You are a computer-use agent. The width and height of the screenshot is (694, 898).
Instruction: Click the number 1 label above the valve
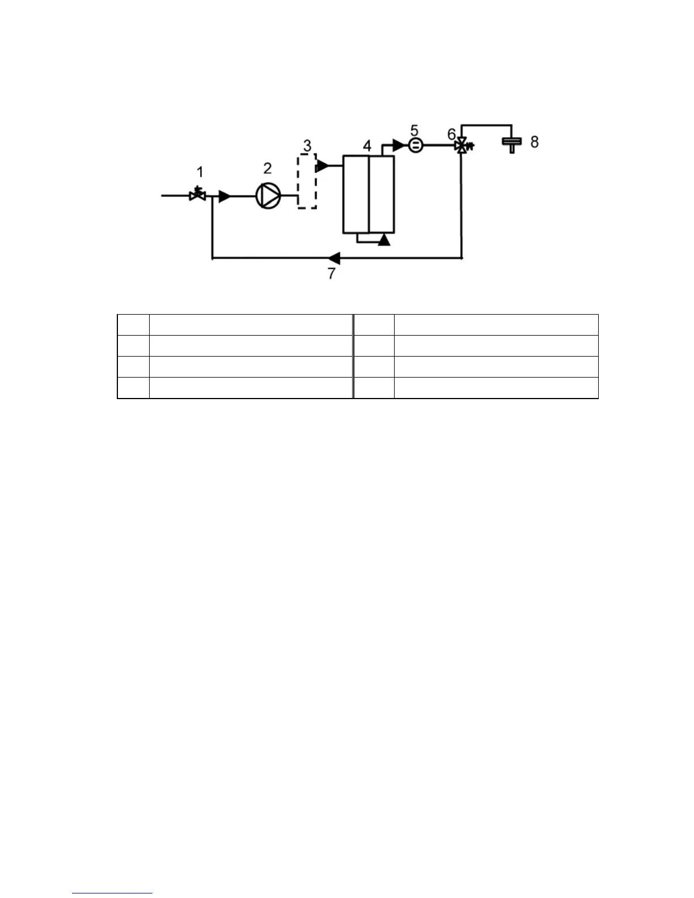(200, 171)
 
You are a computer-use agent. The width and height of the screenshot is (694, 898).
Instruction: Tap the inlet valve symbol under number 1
(197, 194)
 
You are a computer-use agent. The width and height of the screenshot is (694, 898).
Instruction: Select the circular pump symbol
(268, 196)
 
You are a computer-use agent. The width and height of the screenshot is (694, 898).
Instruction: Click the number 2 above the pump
(267, 168)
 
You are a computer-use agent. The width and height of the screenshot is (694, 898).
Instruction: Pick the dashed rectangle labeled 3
(307, 181)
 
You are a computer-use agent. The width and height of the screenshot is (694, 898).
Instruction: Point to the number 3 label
(307, 145)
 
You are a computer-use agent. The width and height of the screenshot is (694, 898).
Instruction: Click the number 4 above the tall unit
(367, 146)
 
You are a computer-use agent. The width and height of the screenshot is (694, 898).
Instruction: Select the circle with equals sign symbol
(416, 146)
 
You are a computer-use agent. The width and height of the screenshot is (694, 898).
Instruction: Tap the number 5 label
(414, 131)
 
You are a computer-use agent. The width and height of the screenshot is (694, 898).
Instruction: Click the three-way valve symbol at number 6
(463, 146)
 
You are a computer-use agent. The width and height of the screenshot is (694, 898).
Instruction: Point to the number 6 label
(451, 134)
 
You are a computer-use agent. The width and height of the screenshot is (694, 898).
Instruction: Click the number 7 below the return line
(332, 273)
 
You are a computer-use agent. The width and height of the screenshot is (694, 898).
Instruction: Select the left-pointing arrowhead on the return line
(334, 259)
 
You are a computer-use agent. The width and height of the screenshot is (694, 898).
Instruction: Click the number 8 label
(534, 142)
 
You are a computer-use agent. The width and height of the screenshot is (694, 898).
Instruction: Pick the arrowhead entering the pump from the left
(225, 196)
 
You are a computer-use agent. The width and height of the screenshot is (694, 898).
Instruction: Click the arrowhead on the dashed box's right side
(323, 166)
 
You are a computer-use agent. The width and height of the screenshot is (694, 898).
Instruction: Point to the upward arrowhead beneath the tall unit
(384, 239)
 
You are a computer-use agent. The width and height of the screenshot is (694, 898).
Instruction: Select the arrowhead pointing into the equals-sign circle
(399, 146)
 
